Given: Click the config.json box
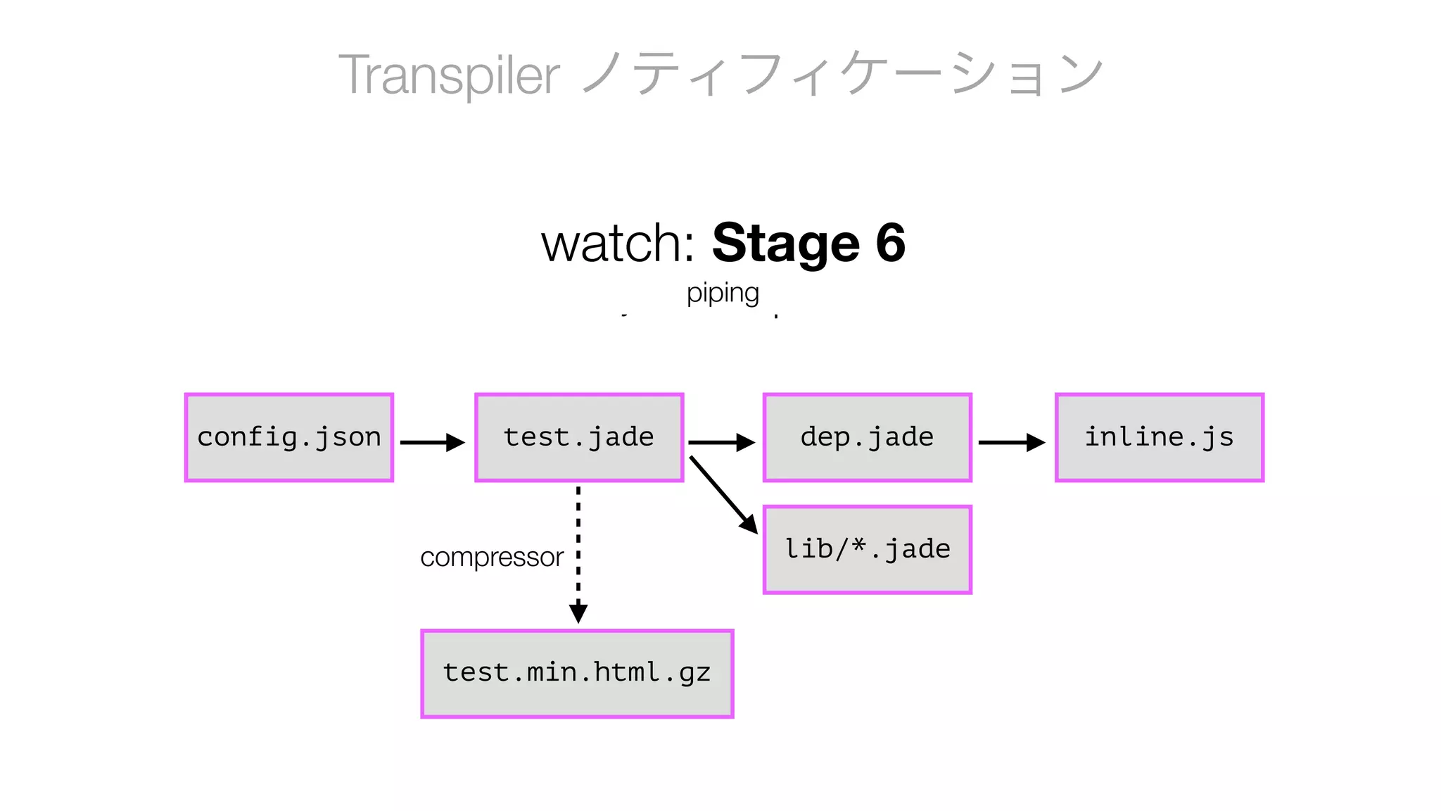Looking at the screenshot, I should click(288, 437).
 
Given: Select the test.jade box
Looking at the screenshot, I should click(578, 437).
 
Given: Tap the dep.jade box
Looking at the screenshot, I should click(867, 437).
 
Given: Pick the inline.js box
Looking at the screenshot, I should click(1159, 437).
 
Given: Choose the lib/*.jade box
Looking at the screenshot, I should click(867, 549).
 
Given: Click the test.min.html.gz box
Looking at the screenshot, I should click(577, 673).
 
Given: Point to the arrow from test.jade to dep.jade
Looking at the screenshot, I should click(721, 442).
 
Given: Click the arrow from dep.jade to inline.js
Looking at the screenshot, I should click(1011, 442).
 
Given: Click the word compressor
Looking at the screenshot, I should click(491, 557).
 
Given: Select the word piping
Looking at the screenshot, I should click(723, 293).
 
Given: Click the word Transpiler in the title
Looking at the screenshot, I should click(449, 75).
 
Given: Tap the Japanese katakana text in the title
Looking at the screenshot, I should click(841, 75).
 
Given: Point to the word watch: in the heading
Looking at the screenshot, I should click(618, 243).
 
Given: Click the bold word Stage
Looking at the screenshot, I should click(786, 243).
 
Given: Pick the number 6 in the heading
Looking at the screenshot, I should click(890, 243).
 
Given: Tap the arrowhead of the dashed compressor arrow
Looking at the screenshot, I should click(578, 612).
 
